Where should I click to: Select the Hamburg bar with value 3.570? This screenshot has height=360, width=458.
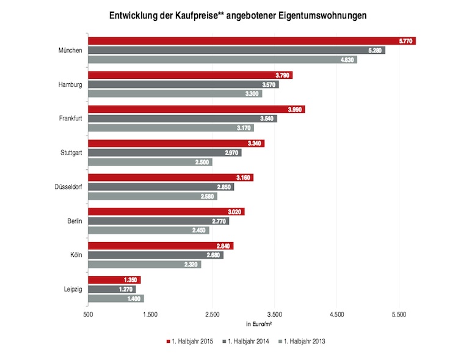[183, 84]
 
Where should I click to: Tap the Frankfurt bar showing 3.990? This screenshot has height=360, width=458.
[195, 109]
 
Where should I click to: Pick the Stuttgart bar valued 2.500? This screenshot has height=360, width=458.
[150, 162]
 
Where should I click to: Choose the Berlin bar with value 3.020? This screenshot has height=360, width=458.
[165, 211]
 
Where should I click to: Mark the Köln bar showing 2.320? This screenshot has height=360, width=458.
[144, 265]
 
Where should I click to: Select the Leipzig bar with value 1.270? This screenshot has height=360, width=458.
[111, 289]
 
